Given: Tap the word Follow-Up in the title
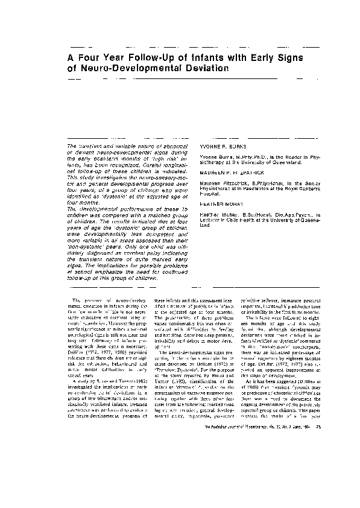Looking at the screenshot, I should pos(144,59).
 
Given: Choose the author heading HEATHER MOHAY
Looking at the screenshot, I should pos(216,205).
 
